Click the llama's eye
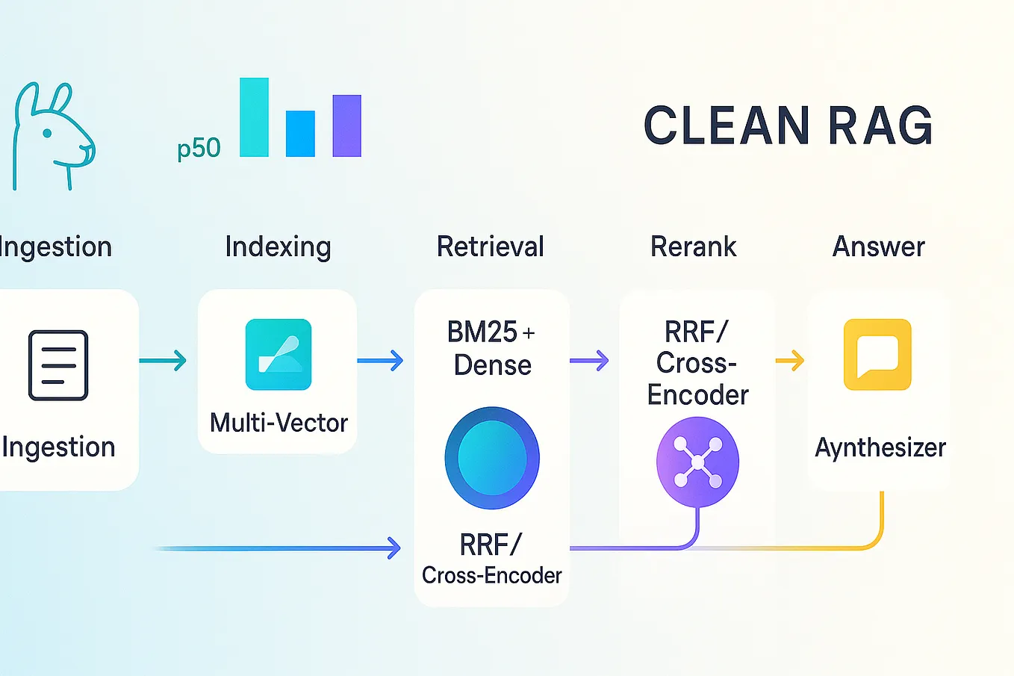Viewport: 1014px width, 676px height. tap(47, 134)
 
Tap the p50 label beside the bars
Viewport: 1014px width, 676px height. tap(199, 148)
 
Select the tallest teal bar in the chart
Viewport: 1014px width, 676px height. tap(254, 117)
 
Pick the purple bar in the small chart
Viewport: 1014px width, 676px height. tap(346, 125)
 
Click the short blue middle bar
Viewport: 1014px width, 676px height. tap(300, 134)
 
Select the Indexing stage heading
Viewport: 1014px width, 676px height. tap(278, 246)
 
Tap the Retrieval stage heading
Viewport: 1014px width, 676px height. tap(490, 246)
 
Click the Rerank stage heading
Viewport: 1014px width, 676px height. tap(693, 246)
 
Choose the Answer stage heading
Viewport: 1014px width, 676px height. tap(878, 246)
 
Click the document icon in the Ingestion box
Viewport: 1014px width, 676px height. tap(58, 365)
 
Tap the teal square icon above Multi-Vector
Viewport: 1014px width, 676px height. tap(279, 355)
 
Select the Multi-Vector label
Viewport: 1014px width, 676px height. tap(279, 423)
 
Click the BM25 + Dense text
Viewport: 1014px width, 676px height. tap(491, 348)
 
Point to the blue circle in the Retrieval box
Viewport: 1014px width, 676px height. tap(491, 458)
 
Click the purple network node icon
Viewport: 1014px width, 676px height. tap(697, 462)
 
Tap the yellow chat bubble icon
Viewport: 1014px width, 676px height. tap(877, 355)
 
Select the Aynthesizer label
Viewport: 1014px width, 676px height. tap(880, 447)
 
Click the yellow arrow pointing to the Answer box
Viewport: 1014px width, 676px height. tap(790, 361)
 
